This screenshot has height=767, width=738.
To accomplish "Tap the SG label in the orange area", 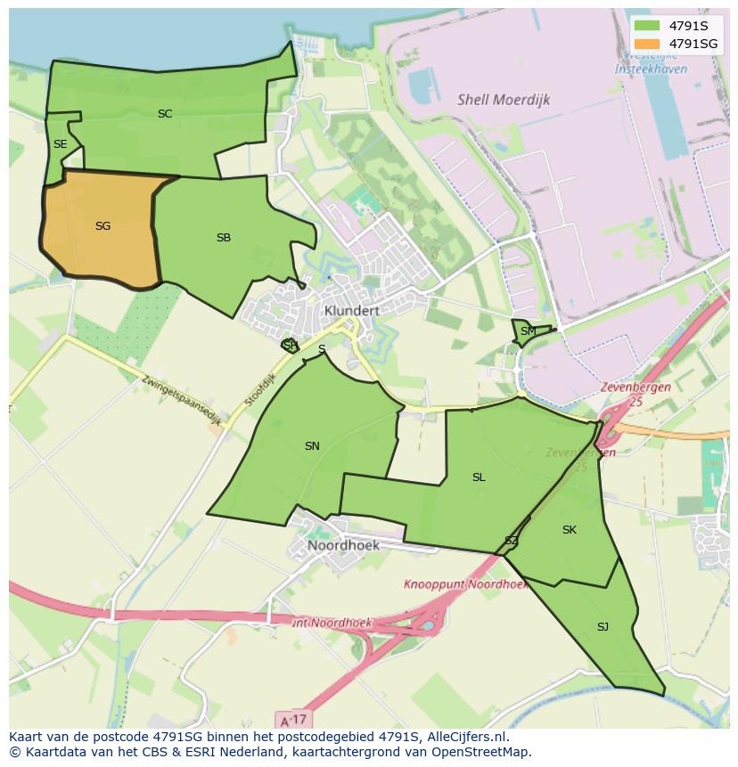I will coord(102,226).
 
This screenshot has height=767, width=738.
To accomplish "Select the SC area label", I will coord(165,114).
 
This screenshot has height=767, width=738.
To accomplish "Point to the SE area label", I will coord(60,144).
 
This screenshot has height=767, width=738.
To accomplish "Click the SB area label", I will coord(224,238).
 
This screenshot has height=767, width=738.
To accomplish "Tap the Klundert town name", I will coord(352,311).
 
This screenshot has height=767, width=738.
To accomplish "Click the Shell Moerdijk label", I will coord(504,100).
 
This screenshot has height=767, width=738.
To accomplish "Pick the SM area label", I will coord(529,331).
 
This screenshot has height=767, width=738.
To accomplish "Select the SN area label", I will coord(312,446).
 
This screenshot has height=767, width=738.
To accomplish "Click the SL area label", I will coord(479,477).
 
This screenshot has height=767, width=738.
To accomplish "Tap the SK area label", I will coord(570,530).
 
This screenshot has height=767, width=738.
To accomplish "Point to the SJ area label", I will coord(603,627).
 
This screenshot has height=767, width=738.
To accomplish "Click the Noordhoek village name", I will coord(343,545).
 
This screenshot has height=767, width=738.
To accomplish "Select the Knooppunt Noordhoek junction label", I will coord(464,585).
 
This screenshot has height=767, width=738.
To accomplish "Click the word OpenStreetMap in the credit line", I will coord(486,752).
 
